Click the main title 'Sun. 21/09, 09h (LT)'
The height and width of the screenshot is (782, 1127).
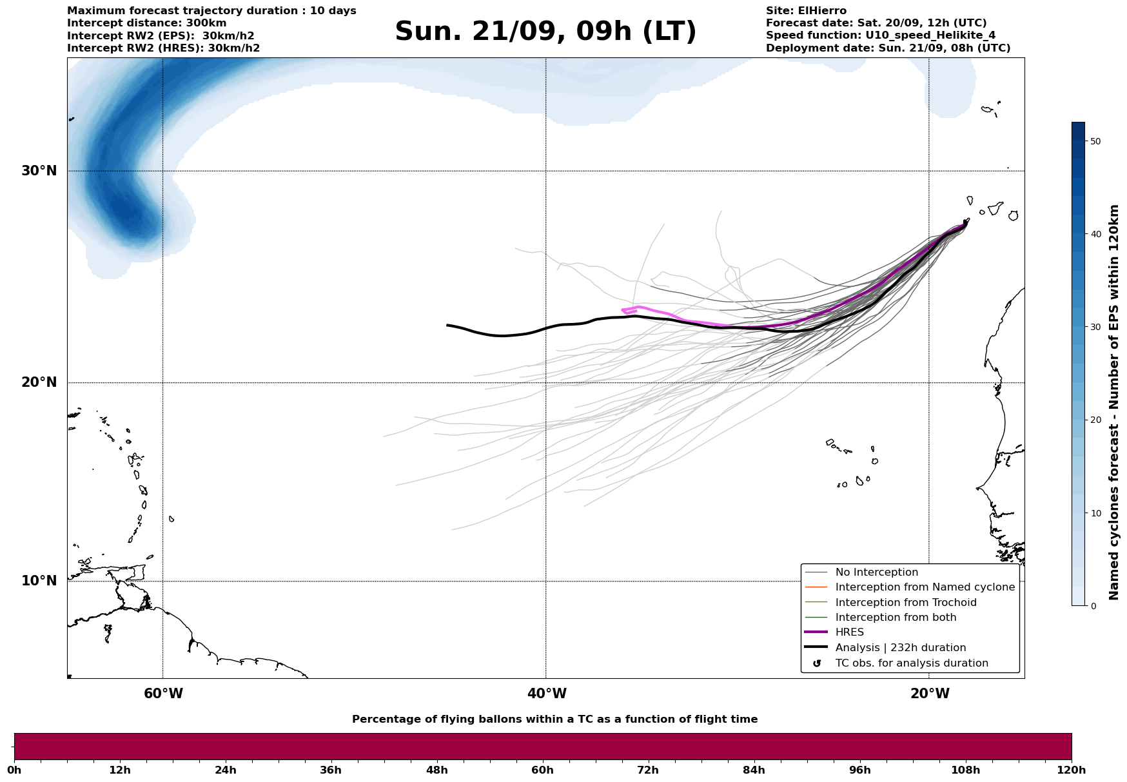[x=545, y=32]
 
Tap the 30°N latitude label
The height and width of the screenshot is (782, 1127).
[x=39, y=171]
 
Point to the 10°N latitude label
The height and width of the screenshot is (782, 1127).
[x=39, y=581]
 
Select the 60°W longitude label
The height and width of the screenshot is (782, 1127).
[x=163, y=694]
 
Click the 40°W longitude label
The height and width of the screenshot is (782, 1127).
[x=547, y=694]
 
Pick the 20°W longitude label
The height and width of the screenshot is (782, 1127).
[x=930, y=694]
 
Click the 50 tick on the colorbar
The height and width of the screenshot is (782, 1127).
[x=1095, y=141]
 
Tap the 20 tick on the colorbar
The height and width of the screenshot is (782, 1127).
[x=1095, y=420]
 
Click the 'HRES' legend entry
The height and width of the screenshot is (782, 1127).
[x=849, y=632]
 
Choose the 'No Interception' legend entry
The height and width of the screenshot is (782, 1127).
[x=876, y=572]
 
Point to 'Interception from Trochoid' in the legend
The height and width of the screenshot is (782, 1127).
[x=905, y=603]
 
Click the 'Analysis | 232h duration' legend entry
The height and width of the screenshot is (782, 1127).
[x=900, y=648]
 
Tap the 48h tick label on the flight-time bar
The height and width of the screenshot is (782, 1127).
[x=436, y=770]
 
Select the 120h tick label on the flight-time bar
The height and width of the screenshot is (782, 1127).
[x=1071, y=770]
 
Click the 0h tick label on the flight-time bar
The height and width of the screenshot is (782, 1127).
[x=14, y=770]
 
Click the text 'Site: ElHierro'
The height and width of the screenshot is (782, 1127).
[x=806, y=11]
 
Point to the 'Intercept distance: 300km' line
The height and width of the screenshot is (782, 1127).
[x=147, y=23]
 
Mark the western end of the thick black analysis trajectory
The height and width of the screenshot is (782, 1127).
[x=447, y=325]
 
